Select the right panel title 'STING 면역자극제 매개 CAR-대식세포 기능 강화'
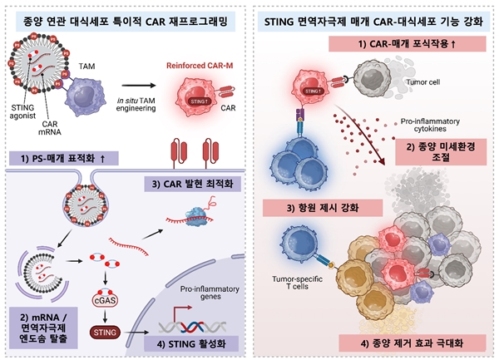374,15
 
